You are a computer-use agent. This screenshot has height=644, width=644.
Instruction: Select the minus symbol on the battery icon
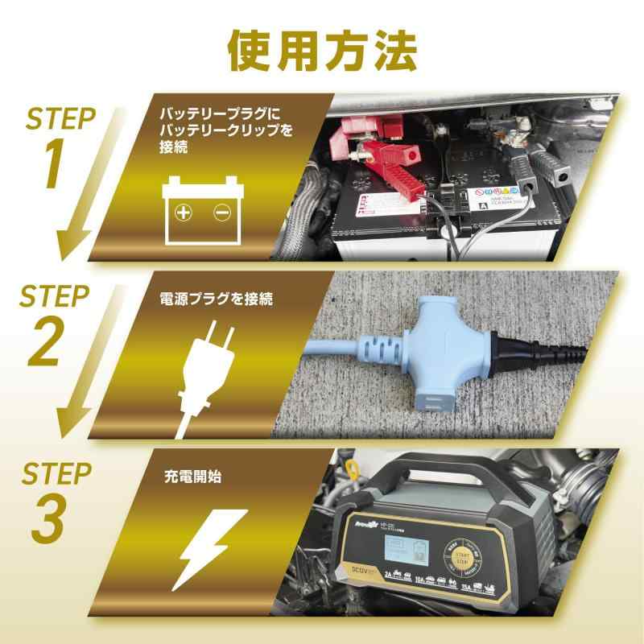click(x=221, y=213)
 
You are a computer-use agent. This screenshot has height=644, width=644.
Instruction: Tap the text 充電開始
click(x=192, y=477)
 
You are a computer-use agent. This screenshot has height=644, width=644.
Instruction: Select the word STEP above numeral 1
click(x=60, y=119)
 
